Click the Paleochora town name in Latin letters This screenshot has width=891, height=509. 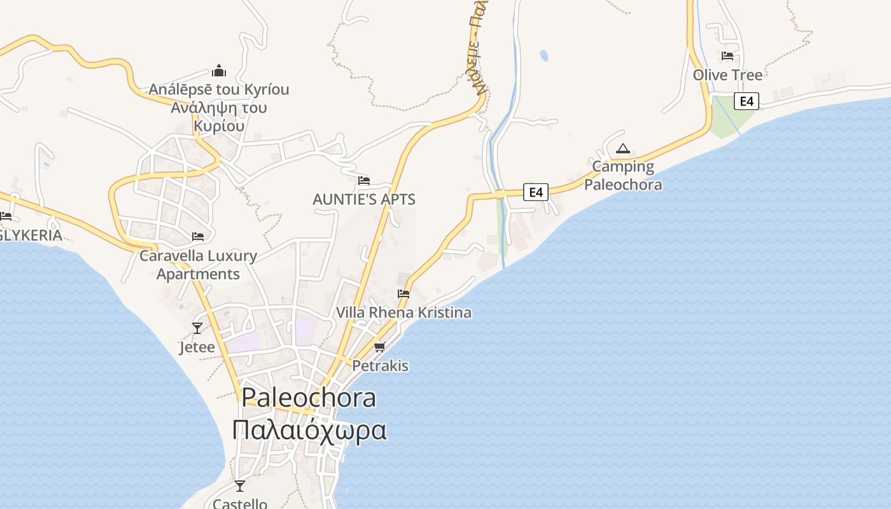click(309, 398)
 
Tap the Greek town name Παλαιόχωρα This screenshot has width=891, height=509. click(309, 430)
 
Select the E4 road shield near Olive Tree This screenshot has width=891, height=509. click(747, 101)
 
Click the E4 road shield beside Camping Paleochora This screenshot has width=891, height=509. click(536, 192)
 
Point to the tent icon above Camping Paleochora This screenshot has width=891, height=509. click(623, 149)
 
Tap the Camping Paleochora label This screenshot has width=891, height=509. click(623, 176)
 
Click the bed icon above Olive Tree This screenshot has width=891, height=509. click(727, 56)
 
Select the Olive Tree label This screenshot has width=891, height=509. click(727, 75)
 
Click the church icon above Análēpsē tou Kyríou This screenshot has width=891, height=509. click(219, 70)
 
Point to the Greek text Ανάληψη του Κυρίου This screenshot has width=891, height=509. click(219, 116)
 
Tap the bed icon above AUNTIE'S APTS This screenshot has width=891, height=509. click(364, 181)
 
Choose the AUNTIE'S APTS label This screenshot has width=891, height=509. click(364, 199)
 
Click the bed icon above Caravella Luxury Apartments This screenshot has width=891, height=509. click(198, 237)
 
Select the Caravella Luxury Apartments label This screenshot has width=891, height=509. click(198, 265)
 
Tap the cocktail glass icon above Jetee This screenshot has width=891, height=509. click(197, 328)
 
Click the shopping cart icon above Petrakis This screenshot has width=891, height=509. click(380, 347)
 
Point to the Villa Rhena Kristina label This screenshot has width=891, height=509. click(403, 312)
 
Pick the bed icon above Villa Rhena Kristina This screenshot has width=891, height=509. click(403, 294)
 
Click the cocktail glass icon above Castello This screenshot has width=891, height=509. click(239, 486)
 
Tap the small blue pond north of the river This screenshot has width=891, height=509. click(544, 55)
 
